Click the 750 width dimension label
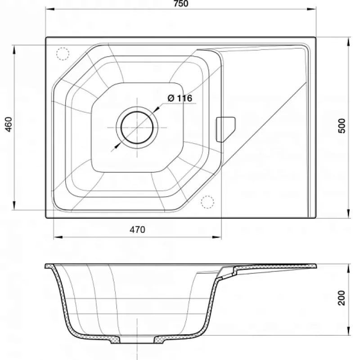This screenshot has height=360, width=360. (181, 4)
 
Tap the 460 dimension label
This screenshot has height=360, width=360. (9, 124)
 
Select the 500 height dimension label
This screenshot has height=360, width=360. (342, 126)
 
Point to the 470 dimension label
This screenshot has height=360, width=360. (137, 229)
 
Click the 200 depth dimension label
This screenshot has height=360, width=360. (342, 298)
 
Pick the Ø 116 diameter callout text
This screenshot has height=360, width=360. (180, 98)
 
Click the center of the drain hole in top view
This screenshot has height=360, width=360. (137, 127)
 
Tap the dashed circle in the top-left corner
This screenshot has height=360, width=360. (63, 54)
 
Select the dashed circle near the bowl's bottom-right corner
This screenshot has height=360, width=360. (207, 202)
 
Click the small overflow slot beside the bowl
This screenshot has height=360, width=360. (225, 130)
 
